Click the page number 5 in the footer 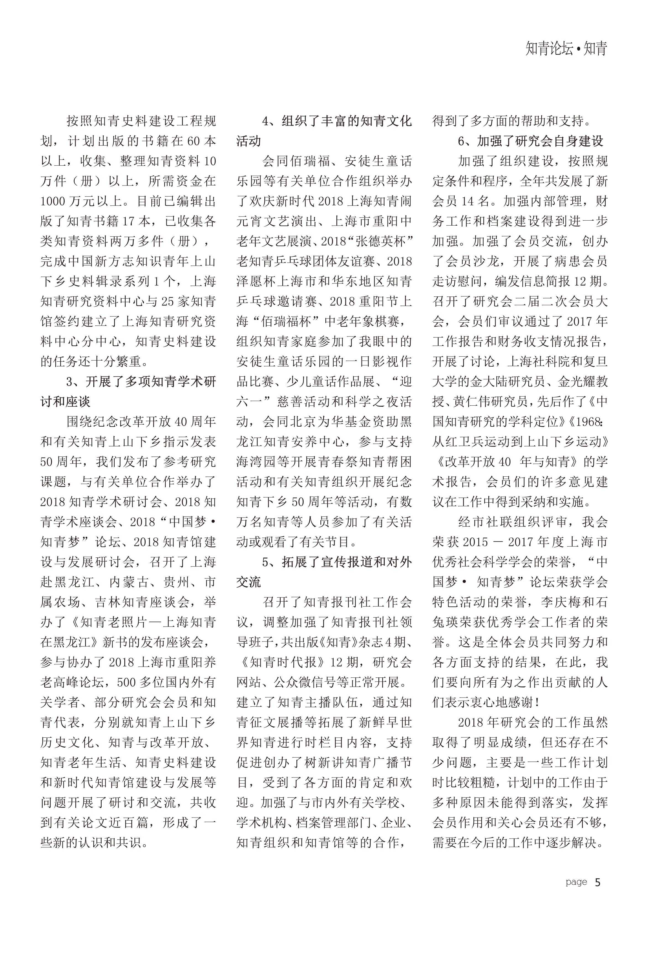[x=597, y=882]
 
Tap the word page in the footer [x=576, y=882]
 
